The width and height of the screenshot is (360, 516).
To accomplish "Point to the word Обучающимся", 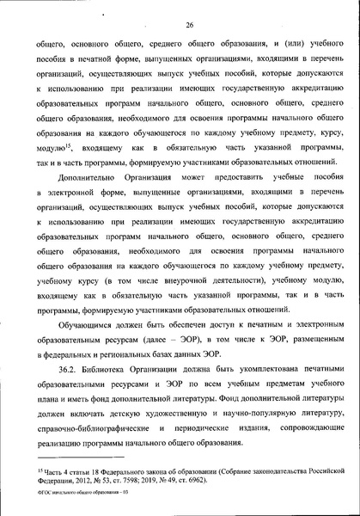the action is click(x=78, y=328).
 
